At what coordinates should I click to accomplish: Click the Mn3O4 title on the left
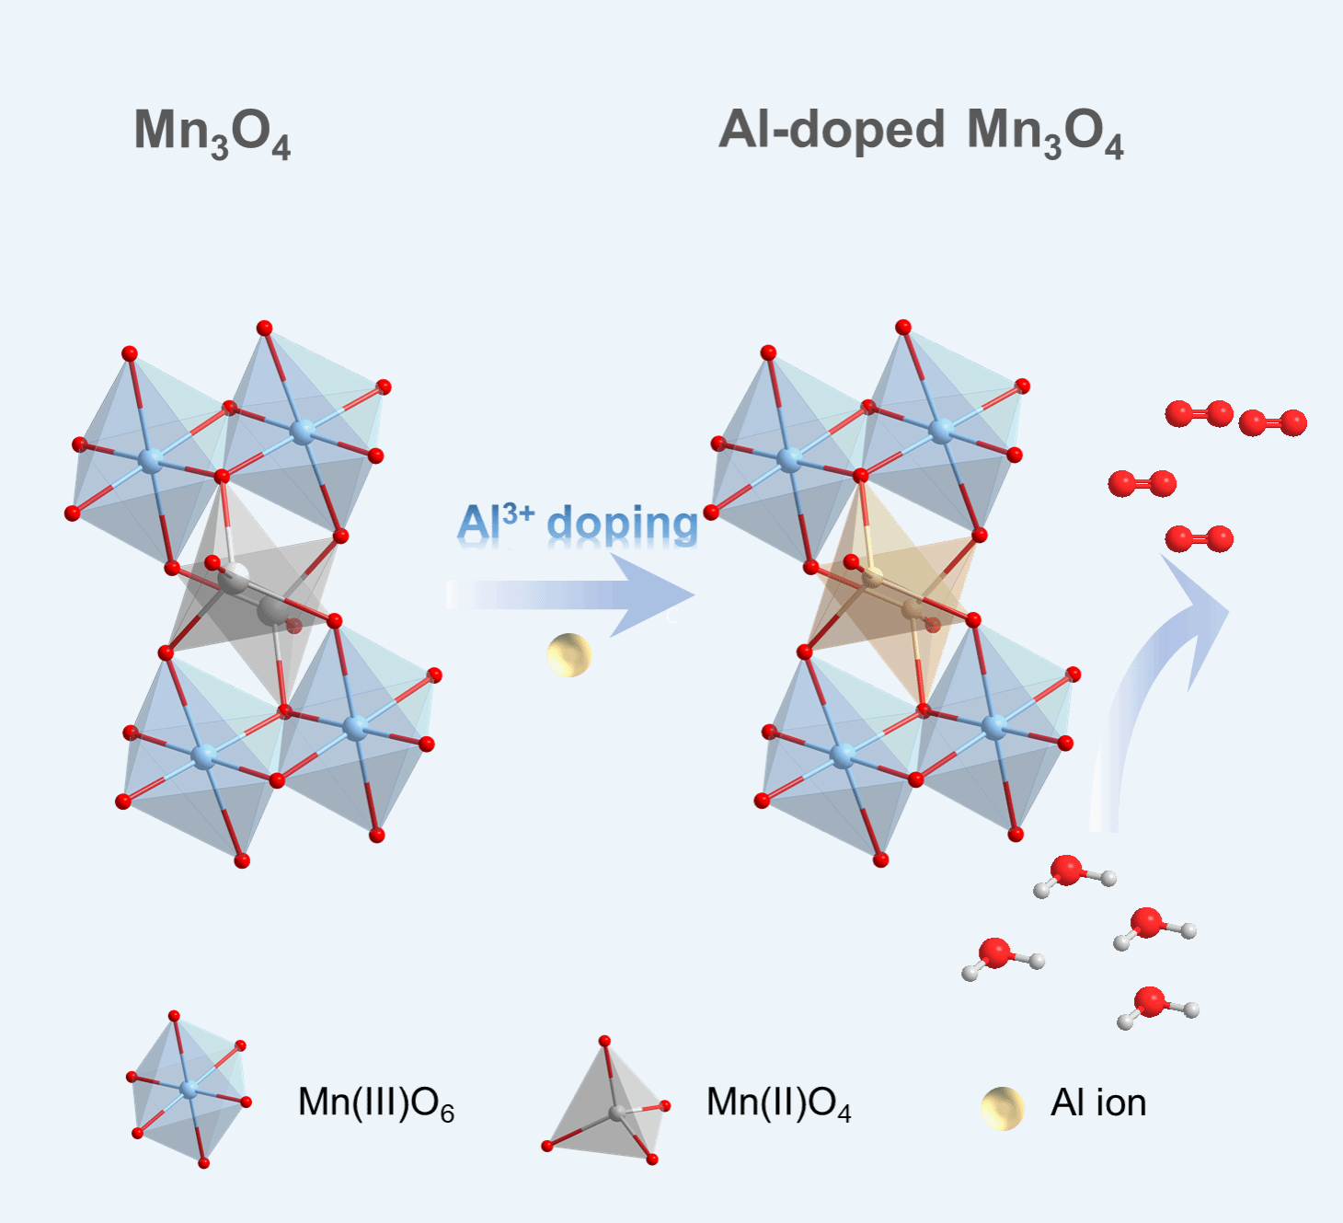(x=212, y=133)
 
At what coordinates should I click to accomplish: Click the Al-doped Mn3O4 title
(x=920, y=133)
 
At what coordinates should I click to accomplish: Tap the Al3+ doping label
(x=578, y=525)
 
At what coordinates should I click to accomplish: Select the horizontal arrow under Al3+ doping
(x=570, y=594)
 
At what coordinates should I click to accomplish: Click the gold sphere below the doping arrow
(x=568, y=655)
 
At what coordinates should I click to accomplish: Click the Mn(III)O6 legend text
(x=376, y=1102)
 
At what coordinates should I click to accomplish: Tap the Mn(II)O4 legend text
(x=778, y=1102)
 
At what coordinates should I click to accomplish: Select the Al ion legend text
(x=1098, y=1102)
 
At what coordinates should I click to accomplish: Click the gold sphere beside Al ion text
(x=1002, y=1108)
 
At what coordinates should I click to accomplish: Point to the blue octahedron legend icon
(x=189, y=1090)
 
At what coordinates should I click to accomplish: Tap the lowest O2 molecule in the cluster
(x=1199, y=538)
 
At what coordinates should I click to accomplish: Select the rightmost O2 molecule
(x=1272, y=423)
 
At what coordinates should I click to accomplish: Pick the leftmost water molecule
(x=1001, y=957)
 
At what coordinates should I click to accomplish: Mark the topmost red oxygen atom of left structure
(x=265, y=328)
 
